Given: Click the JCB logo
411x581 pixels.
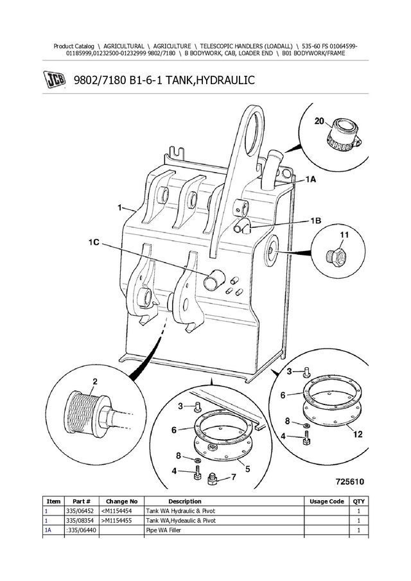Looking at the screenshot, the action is (x=55, y=80).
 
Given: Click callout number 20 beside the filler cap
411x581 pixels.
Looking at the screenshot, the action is (x=319, y=121).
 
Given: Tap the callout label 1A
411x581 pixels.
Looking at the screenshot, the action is (x=311, y=180).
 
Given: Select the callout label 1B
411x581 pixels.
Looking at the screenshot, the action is (x=316, y=221).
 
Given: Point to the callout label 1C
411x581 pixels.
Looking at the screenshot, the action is (x=94, y=242).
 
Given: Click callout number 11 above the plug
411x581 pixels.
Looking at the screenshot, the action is (x=344, y=235).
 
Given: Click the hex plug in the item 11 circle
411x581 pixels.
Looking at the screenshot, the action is (x=337, y=255).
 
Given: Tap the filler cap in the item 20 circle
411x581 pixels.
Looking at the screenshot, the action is (x=343, y=135).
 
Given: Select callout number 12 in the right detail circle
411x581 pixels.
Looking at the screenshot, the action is (x=358, y=434).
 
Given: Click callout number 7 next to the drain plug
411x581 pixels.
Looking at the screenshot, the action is (x=234, y=477).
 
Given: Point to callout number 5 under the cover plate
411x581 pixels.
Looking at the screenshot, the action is (x=248, y=469).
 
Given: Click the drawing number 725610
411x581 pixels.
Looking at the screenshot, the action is (x=350, y=481).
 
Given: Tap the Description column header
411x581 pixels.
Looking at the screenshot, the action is (x=184, y=501).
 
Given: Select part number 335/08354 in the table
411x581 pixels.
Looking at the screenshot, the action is (x=80, y=521).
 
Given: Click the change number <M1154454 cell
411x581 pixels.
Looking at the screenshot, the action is (x=116, y=511).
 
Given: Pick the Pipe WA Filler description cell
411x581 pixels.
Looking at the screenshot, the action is (x=163, y=530).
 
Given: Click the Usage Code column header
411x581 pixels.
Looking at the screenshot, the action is (x=327, y=501).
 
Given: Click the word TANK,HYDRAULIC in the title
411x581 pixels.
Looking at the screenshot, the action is (x=210, y=80).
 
